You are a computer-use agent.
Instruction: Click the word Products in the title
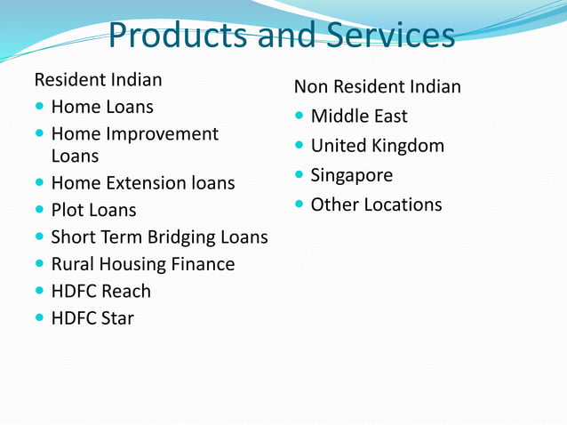[178, 36]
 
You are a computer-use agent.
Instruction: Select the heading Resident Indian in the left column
[98, 80]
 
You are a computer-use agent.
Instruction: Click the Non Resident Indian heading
[378, 87]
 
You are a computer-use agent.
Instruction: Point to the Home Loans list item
[102, 108]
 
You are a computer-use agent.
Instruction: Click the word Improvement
[162, 134]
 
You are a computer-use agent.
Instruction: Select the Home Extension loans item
[143, 183]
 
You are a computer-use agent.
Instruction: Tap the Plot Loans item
[94, 211]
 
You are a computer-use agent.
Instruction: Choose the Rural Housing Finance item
[143, 264]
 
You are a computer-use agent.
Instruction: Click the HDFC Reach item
[101, 291]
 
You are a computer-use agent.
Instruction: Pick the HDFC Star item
[92, 317]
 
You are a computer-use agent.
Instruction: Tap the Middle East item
[359, 116]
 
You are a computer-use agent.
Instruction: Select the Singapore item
[352, 175]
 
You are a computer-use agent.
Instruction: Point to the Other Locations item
[376, 204]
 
